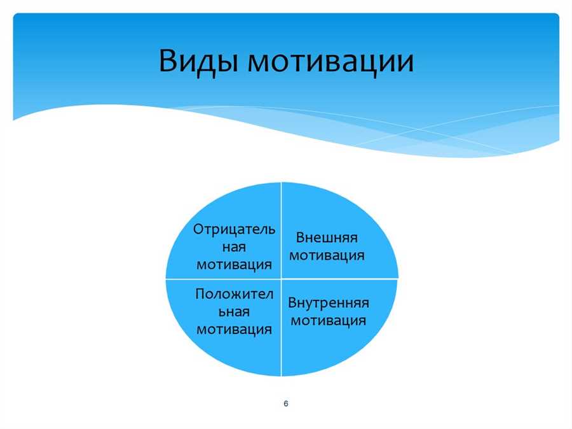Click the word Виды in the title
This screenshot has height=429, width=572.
[x=198, y=61]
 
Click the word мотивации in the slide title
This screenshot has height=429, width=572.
[x=331, y=61]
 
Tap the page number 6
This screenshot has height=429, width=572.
[x=286, y=404]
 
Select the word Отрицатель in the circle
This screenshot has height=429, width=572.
[x=234, y=230]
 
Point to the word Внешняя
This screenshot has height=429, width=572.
[x=327, y=237]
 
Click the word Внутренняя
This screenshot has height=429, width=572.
[x=329, y=303]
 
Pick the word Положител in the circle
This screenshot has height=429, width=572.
[x=234, y=294]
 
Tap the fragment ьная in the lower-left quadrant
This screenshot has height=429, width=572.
[x=234, y=312]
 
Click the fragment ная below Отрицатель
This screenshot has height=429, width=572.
[x=234, y=248]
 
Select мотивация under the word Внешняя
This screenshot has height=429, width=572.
[x=327, y=255]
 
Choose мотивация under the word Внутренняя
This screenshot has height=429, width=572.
[x=329, y=321]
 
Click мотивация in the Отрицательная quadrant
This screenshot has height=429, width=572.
[x=234, y=265]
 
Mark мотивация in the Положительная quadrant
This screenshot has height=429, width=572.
[x=234, y=330]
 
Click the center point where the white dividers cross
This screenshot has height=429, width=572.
[x=282, y=279]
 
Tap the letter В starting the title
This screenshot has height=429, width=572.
[x=167, y=60]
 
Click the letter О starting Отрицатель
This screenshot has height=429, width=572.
[x=198, y=229]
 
